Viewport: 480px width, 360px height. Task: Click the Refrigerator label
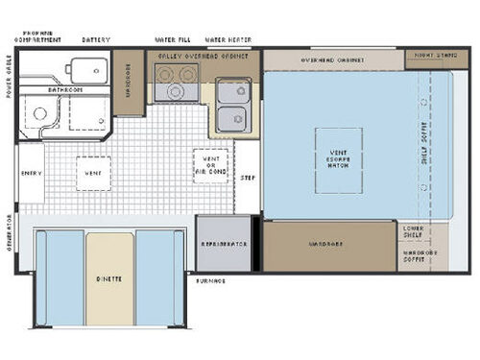pyautogui.click(x=224, y=244)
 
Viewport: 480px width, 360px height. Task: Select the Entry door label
pyautogui.click(x=31, y=173)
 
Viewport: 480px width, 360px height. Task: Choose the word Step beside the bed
pyautogui.click(x=247, y=178)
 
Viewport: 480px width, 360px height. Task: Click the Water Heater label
pyautogui.click(x=228, y=39)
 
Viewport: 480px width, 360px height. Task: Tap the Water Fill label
pyautogui.click(x=174, y=39)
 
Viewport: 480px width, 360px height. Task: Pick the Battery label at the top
pyautogui.click(x=96, y=39)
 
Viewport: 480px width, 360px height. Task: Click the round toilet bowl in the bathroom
pyautogui.click(x=39, y=114)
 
